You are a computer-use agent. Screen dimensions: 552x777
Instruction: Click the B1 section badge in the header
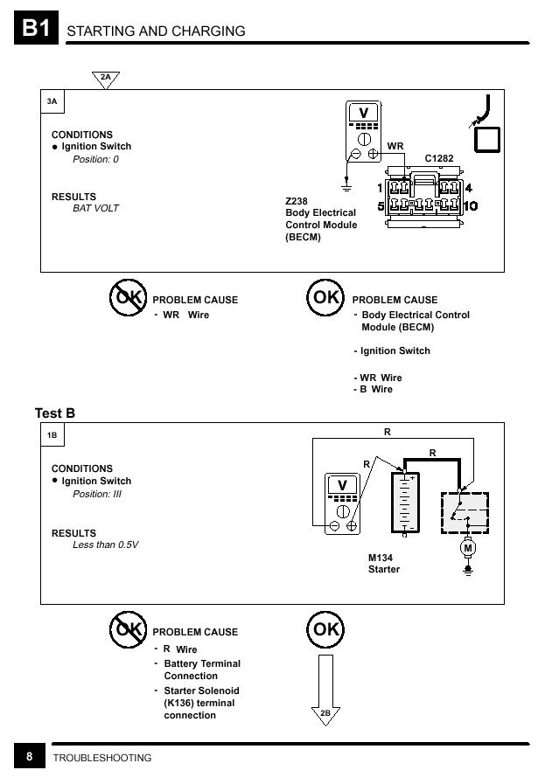pos(36,28)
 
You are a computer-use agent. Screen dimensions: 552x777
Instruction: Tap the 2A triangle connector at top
pos(106,80)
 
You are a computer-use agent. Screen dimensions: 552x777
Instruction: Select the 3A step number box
pos(52,101)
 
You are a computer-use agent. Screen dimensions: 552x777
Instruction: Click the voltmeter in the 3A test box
pos(364,131)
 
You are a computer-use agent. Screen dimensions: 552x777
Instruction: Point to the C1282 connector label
pos(439,158)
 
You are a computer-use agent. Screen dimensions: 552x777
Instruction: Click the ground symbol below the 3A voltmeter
pos(346,186)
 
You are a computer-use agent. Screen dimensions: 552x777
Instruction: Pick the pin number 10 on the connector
pos(470,205)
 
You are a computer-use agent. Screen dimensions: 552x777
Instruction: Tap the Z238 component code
pos(296,201)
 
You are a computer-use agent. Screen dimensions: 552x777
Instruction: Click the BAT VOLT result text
pos(95,208)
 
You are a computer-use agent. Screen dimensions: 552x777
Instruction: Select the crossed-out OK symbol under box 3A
pos(128,297)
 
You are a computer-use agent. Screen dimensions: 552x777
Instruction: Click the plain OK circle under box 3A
pos(325,297)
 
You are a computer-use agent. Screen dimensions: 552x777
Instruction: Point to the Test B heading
pos(55,413)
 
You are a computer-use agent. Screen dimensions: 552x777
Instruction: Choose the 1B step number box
pos(52,435)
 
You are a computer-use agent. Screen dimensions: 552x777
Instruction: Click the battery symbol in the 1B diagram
pos(405,503)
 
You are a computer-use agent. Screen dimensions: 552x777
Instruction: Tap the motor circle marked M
pos(468,548)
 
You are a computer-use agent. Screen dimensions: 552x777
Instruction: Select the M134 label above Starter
pos(381,558)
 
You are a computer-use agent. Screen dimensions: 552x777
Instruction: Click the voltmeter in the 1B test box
pos(342,503)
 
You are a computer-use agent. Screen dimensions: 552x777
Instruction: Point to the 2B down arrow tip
pos(325,725)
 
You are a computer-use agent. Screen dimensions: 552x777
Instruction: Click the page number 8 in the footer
pos(29,757)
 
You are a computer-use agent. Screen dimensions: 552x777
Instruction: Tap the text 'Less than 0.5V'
pos(105,545)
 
